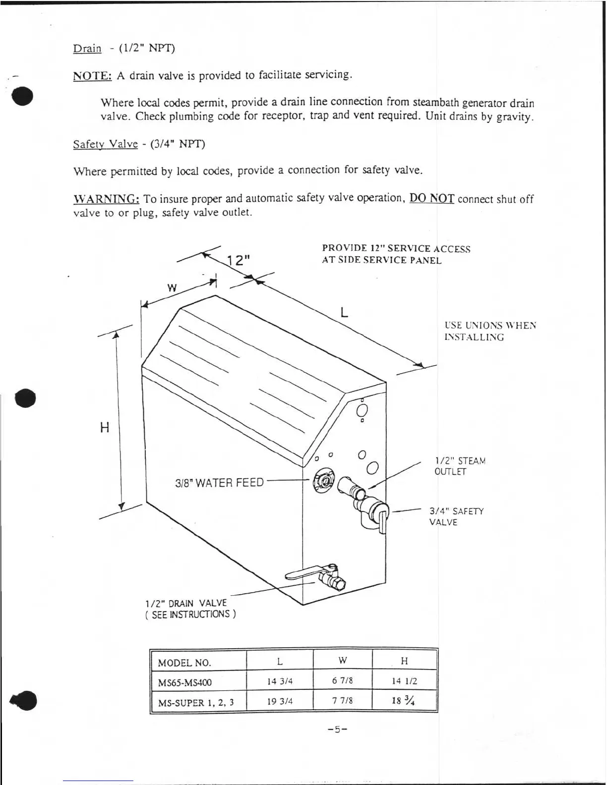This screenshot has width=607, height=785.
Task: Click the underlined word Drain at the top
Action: click(x=87, y=49)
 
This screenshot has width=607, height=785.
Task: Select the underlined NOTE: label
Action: click(x=92, y=76)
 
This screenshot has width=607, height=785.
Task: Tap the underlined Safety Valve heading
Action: click(x=105, y=144)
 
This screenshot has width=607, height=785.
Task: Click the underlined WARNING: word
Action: click(x=106, y=199)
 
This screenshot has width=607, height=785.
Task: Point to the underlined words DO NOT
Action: click(x=431, y=198)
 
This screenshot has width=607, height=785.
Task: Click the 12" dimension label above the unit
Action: click(x=239, y=260)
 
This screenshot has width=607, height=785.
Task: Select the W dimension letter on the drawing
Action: click(x=172, y=288)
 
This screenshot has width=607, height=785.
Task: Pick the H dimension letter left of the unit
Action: click(x=105, y=427)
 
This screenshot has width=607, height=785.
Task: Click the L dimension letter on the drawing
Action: click(x=344, y=312)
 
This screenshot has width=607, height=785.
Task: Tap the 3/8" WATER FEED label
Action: click(x=219, y=483)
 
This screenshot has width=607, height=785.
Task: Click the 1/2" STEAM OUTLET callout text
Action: click(x=459, y=466)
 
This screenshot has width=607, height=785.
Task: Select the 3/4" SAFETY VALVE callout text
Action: click(x=456, y=516)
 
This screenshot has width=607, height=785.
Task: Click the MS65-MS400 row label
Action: click(x=184, y=682)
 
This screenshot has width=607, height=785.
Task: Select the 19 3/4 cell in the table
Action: click(x=280, y=701)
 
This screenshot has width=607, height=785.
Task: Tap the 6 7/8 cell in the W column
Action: click(x=342, y=680)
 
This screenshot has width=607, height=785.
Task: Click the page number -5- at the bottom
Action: click(x=337, y=729)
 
